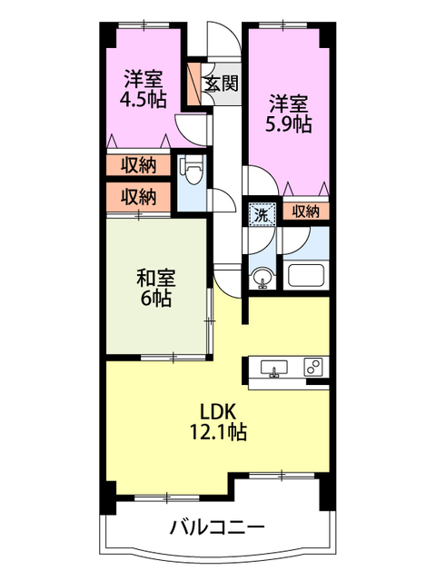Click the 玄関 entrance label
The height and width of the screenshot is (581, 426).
click(221, 84)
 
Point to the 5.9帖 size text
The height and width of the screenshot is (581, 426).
click(290, 123)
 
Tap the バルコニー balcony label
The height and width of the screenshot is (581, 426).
click(216, 527)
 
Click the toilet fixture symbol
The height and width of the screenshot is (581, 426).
click(192, 168)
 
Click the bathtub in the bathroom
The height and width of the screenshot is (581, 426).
click(305, 276)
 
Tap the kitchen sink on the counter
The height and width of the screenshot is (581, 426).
click(273, 368)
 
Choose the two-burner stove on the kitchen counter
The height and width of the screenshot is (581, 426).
click(312, 368)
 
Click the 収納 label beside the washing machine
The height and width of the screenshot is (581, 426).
click(306, 212)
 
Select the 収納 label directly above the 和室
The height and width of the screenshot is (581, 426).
click(138, 196)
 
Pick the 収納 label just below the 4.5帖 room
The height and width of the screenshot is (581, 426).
click(138, 165)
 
